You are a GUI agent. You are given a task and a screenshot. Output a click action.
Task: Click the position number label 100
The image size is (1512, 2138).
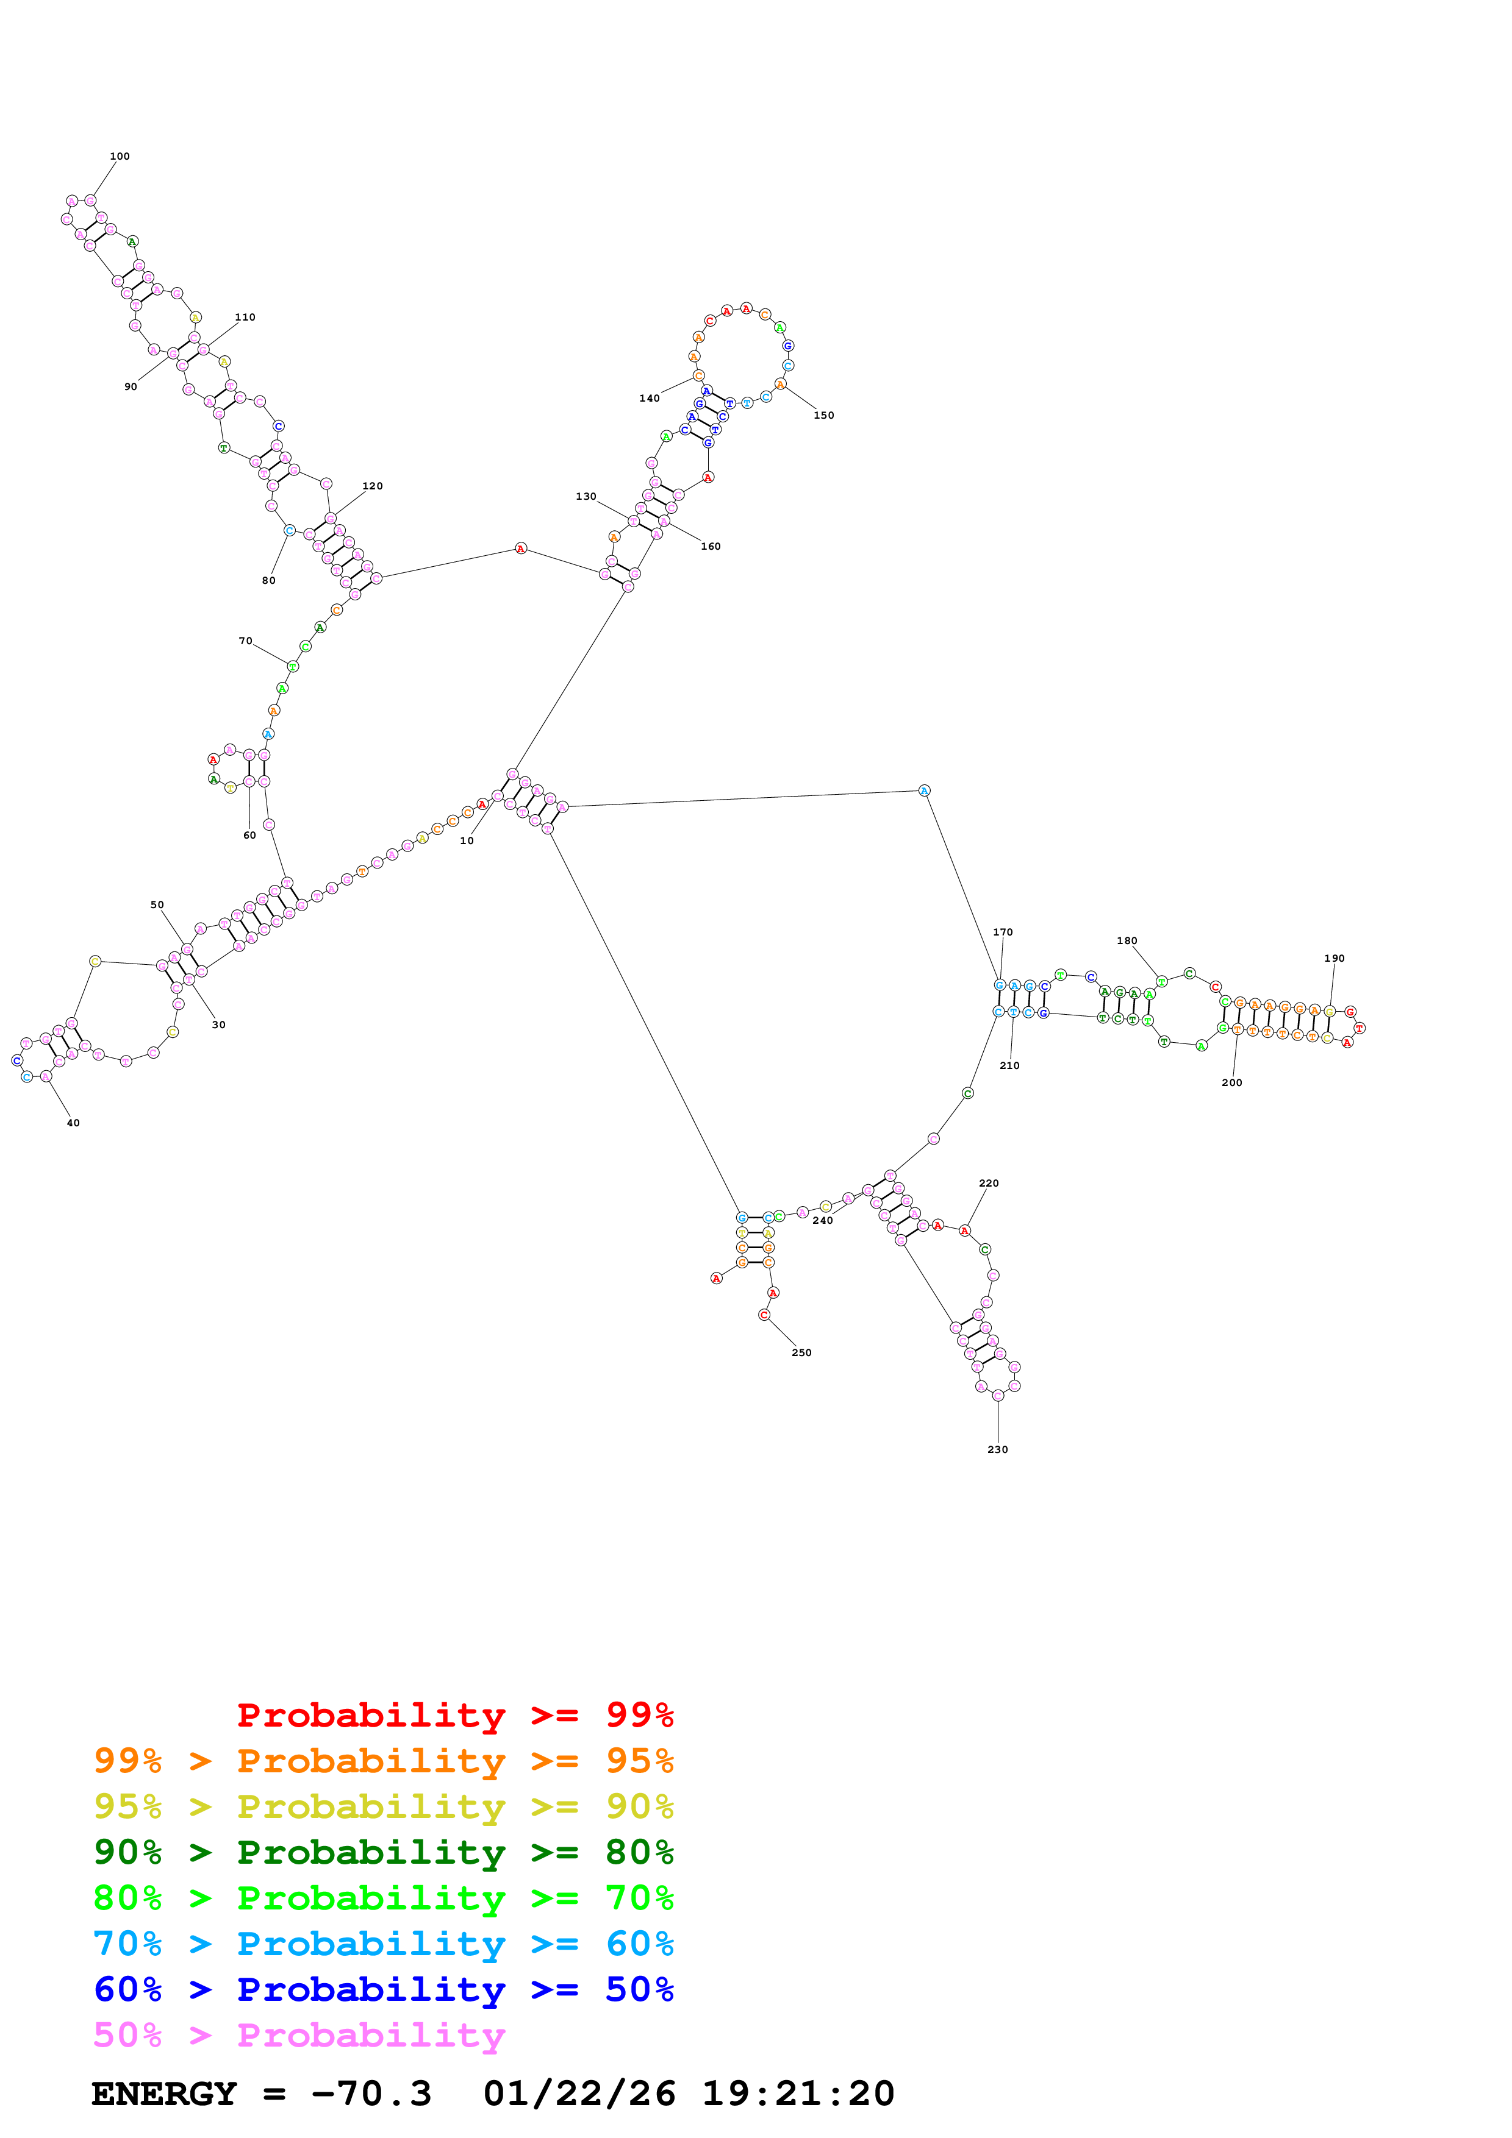(120, 157)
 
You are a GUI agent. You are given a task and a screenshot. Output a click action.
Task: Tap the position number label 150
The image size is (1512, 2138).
(823, 415)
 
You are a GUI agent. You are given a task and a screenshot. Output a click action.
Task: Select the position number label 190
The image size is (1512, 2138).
(1334, 958)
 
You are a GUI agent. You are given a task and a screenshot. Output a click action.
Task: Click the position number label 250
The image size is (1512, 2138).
(801, 1353)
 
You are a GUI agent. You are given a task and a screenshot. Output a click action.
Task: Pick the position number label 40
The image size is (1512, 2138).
(73, 1123)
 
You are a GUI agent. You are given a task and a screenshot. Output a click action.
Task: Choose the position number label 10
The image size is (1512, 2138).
(467, 841)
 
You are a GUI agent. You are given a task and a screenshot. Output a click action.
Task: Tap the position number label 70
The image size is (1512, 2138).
(245, 641)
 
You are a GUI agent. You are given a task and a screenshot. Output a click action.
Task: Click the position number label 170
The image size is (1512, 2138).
(1003, 932)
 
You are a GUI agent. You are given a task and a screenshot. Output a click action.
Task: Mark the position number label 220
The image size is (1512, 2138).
(989, 1184)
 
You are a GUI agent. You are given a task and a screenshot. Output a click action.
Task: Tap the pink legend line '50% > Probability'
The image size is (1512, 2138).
(299, 2036)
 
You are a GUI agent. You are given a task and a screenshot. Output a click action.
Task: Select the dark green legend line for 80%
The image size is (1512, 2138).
(383, 1852)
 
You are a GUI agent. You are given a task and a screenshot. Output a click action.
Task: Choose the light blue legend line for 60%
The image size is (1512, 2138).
(383, 1944)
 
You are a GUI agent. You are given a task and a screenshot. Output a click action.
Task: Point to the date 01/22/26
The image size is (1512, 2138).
(579, 2094)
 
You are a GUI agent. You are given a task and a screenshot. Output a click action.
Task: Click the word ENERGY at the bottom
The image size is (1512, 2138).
(164, 2094)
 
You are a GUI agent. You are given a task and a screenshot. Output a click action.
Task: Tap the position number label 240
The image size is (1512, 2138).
(823, 1221)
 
